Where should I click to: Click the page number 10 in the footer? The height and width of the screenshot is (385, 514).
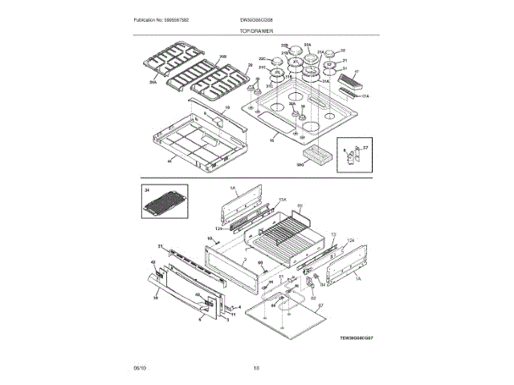point(256,367)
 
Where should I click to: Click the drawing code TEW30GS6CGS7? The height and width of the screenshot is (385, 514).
point(356,338)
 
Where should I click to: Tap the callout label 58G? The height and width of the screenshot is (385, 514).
point(301,164)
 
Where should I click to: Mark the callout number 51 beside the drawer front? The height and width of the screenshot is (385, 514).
point(160,246)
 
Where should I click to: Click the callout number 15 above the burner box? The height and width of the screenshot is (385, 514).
point(227,107)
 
